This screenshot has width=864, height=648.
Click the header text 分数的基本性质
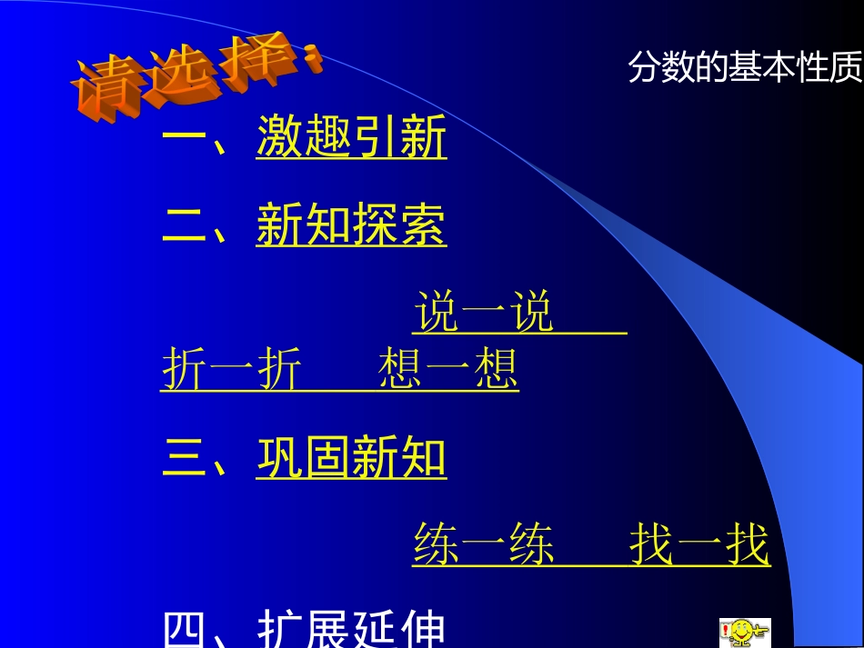[745, 68]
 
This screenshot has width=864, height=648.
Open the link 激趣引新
[351, 139]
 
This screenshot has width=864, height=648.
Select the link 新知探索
[351, 225]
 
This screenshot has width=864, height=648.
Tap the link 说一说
[484, 314]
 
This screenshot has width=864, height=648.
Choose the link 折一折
[231, 370]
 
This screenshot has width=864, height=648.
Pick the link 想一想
[447, 370]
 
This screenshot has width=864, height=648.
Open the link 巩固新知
[351, 457]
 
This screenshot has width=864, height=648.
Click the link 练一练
[484, 545]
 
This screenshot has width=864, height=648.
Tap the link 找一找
[699, 545]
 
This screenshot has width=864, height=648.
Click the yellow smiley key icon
[744, 632]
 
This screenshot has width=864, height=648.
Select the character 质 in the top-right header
[845, 68]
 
